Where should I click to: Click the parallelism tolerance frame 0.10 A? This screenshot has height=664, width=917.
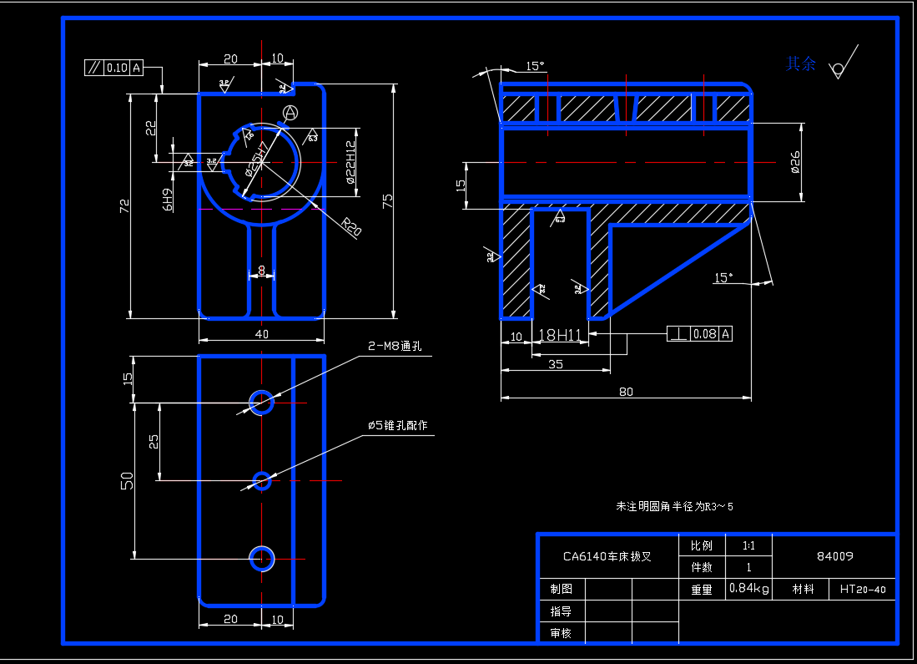click(114, 68)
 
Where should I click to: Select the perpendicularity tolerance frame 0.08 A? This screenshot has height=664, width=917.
click(699, 334)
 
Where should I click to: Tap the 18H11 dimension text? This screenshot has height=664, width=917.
click(559, 335)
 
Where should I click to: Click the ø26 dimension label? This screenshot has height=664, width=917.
click(794, 162)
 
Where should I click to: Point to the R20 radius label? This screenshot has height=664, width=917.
click(351, 226)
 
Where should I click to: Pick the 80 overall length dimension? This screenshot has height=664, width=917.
click(625, 391)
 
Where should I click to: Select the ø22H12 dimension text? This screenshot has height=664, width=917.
click(350, 162)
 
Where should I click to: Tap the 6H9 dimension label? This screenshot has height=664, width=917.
click(168, 199)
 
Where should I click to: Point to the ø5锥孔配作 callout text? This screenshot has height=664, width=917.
click(397, 425)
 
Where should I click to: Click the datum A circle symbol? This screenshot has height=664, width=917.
click(290, 112)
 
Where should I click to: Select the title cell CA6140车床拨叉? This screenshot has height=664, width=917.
click(607, 555)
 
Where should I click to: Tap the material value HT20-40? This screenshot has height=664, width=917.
click(863, 589)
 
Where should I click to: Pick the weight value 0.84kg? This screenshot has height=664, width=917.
click(748, 588)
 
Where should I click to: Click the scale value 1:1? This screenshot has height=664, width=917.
click(748, 545)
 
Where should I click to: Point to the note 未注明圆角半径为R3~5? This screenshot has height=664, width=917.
click(673, 506)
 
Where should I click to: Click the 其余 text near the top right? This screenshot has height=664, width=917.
click(801, 63)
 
